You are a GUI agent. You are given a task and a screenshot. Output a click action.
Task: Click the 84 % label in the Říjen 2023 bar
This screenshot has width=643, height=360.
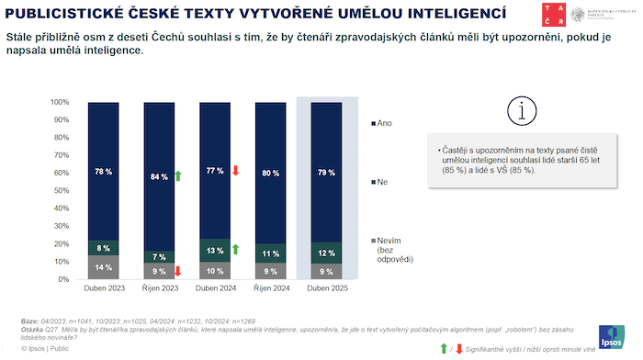tap(158, 176)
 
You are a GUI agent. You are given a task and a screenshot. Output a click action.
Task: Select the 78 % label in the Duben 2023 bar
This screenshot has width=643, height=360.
tap(104, 172)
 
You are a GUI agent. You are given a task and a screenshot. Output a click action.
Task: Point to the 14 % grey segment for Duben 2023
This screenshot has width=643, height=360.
tap(104, 267)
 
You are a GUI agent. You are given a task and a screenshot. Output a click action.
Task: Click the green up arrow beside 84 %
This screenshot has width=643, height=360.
tap(177, 175)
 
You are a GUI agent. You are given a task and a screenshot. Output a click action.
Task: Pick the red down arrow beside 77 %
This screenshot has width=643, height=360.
tap(235, 171)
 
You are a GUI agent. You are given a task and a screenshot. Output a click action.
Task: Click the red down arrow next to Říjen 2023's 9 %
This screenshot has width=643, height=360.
tap(177, 271)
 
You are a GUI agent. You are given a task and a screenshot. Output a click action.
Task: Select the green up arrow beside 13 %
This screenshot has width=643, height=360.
tap(235, 249)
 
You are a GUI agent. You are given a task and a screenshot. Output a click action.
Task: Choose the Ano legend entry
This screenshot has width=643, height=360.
tap(380, 122)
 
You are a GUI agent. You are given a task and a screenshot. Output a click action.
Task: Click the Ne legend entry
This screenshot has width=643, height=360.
tap(379, 183)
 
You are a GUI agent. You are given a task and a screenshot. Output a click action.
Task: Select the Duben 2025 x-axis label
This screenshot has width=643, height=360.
tap(325, 289)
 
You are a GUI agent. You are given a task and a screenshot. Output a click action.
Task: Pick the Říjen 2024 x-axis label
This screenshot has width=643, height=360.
tap(269, 289)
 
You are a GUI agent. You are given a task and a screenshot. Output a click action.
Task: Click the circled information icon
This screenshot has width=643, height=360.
tap(522, 110)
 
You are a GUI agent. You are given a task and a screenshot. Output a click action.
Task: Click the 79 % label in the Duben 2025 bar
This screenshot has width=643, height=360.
tap(326, 173)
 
